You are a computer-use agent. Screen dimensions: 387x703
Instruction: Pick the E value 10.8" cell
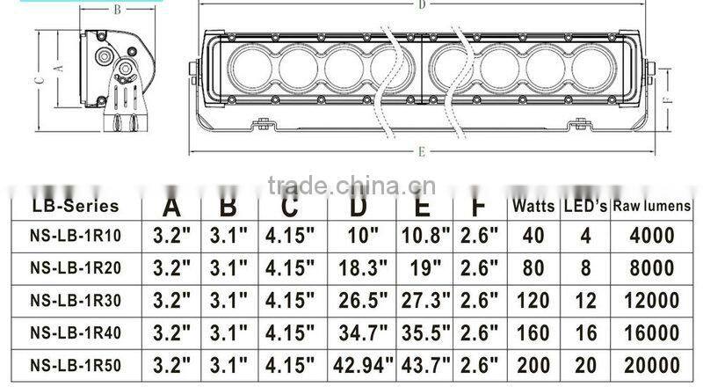[x=425, y=237]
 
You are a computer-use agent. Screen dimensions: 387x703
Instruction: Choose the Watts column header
[x=533, y=207]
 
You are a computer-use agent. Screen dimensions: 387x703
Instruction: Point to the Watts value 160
[x=533, y=332]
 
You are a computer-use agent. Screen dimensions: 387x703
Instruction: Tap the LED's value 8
[x=583, y=268]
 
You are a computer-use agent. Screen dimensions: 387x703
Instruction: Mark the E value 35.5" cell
[x=425, y=332]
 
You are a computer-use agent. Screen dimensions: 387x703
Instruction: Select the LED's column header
[x=583, y=207]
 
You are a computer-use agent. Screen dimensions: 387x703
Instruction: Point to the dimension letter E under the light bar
[x=423, y=151]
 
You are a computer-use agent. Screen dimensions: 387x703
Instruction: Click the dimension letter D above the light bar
[x=423, y=5]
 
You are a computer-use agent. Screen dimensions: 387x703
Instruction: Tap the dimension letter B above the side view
[x=118, y=11]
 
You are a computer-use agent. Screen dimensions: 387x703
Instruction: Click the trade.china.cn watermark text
[x=346, y=185]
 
